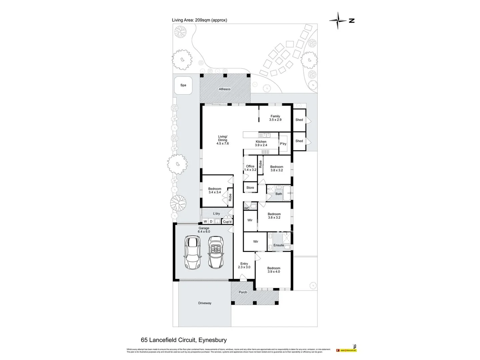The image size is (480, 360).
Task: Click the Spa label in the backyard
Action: coord(183,85)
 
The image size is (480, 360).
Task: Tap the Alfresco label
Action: coord(224,89)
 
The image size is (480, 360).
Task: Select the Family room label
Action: coord(275,118)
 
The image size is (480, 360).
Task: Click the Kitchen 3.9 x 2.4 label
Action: coord(261,143)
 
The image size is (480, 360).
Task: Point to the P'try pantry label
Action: coord(283,144)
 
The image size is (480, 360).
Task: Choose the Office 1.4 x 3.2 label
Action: coord(250,168)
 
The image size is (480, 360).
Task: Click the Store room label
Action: coord(250,188)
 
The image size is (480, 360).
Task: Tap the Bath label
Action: coord(279,194)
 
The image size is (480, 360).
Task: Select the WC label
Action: coord(247,208)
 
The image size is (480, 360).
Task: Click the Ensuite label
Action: coord(279,245)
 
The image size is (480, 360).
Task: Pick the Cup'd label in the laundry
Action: coord(227,222)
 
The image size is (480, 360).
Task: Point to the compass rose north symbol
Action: coord(338,20)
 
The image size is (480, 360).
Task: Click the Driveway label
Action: coord(205,303)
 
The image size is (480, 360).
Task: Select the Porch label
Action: coord(243,292)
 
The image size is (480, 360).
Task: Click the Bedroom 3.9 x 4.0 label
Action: coord(274,270)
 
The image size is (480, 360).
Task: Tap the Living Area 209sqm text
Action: coord(199,20)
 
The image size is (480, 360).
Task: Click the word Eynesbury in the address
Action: coord(212,340)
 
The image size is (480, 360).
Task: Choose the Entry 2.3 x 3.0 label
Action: coord(244,265)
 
